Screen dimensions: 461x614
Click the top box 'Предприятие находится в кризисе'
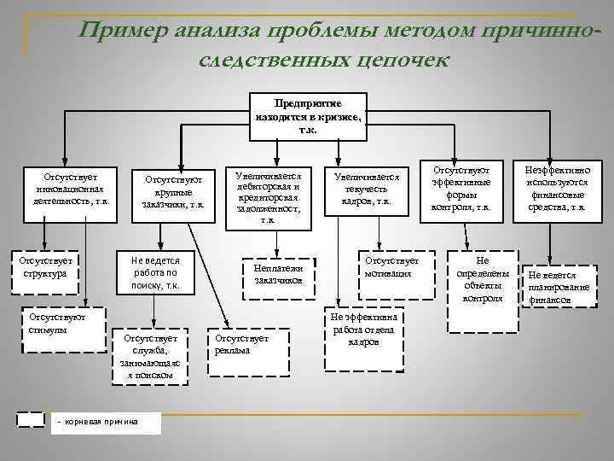(308, 114)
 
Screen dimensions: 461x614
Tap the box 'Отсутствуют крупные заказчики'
(173, 192)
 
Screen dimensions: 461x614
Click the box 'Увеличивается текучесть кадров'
(365, 188)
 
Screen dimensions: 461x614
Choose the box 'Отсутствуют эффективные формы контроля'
(460, 188)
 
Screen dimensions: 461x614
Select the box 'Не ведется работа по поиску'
(159, 272)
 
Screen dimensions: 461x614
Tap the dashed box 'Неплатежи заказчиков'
(278, 275)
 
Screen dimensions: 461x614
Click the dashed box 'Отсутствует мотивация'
(390, 267)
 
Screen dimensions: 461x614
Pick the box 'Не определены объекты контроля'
(483, 279)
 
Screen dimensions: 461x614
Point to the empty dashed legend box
(32, 419)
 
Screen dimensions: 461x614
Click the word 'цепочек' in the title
(391, 61)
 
